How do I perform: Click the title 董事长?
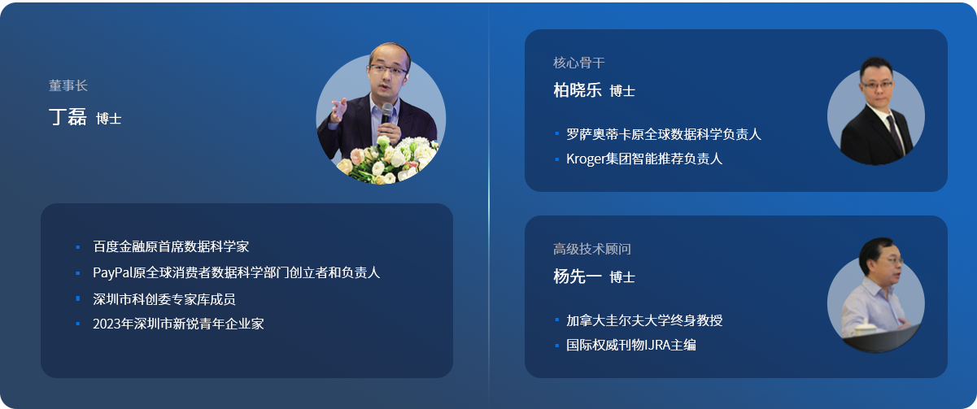point(68,85)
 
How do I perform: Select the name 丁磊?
point(68,117)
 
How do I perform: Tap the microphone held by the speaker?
point(386,113)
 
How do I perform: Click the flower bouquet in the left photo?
point(387,160)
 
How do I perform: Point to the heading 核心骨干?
point(578,63)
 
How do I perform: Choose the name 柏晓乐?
point(578,89)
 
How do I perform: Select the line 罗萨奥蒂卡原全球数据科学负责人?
point(664,134)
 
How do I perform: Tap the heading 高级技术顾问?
point(592,249)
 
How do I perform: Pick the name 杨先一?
point(578,276)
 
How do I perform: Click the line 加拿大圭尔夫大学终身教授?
point(644,320)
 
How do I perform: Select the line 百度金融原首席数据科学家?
point(171,247)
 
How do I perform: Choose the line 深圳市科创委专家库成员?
point(164,299)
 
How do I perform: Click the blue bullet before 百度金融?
point(78,247)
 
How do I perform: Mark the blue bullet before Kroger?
point(556,159)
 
